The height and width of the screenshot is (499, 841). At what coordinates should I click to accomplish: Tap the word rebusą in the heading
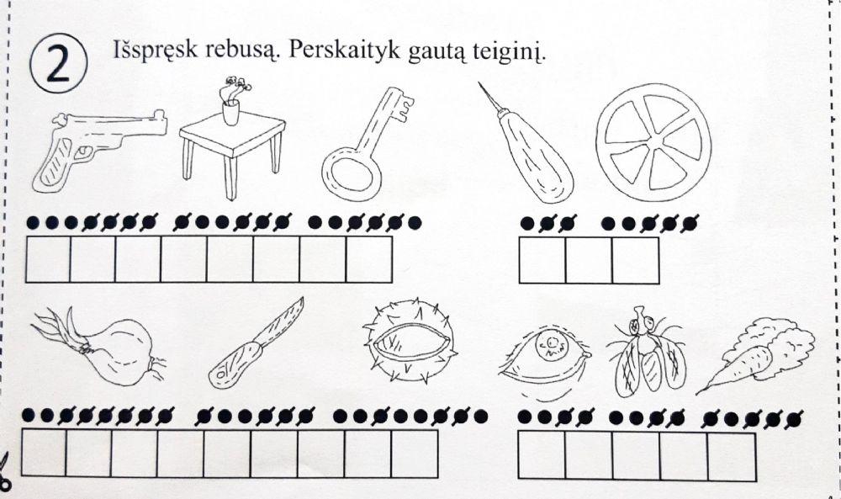click(236, 51)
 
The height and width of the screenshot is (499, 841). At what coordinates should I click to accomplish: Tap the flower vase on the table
click(230, 102)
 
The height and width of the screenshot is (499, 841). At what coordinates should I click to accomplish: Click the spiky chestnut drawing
click(408, 346)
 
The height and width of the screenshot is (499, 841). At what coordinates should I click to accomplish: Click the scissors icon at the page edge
click(4, 470)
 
